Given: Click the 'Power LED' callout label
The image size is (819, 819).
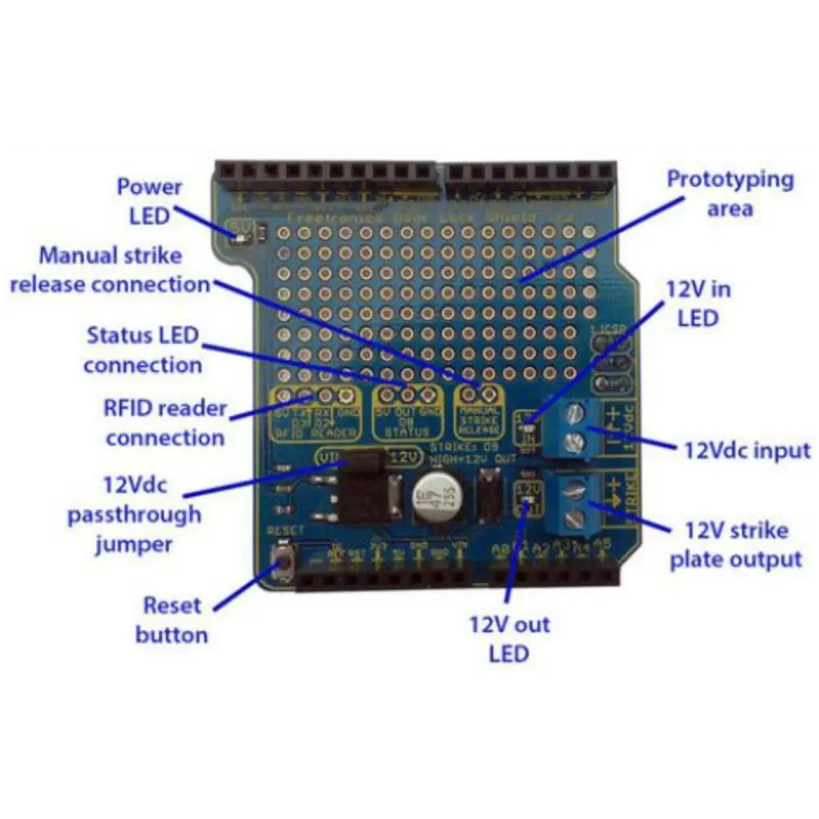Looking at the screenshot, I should (x=149, y=201).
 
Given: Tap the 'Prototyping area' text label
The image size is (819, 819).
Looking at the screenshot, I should (x=731, y=193).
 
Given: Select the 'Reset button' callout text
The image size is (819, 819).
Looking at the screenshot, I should (x=172, y=619).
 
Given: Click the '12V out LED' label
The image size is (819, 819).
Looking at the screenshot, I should (x=509, y=639).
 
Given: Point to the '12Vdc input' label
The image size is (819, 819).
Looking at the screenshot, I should (x=746, y=450).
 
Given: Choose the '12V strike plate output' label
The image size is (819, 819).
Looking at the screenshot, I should (x=735, y=545).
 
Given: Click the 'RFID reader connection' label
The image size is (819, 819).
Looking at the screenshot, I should (x=165, y=423).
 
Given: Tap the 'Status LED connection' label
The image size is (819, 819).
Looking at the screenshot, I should (x=143, y=350).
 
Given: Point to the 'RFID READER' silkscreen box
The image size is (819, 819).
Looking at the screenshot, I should (x=316, y=414).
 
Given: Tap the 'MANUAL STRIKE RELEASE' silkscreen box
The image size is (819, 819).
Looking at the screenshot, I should (x=479, y=413).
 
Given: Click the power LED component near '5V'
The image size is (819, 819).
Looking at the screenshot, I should (x=241, y=234).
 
